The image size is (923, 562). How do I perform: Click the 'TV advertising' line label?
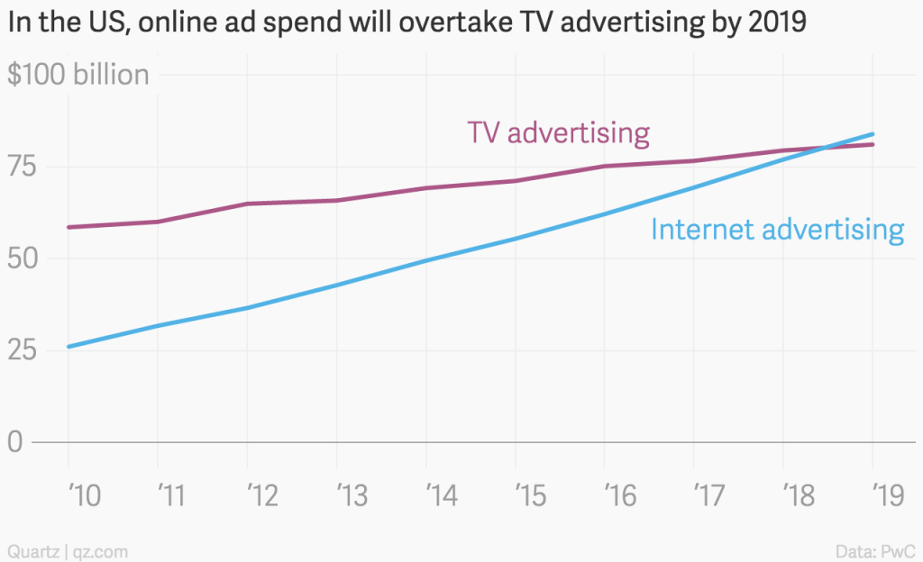coord(558,133)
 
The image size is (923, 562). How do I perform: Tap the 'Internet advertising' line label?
coord(777,230)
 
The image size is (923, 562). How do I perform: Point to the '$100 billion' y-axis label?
coord(78,75)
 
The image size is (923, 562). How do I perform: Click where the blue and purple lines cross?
coord(823,149)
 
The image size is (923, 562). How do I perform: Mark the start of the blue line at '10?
coord(69,346)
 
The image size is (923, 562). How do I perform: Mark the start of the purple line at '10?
coord(69,227)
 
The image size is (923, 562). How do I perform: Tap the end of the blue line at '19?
coord(873,134)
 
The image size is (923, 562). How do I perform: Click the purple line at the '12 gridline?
coord(248,204)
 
